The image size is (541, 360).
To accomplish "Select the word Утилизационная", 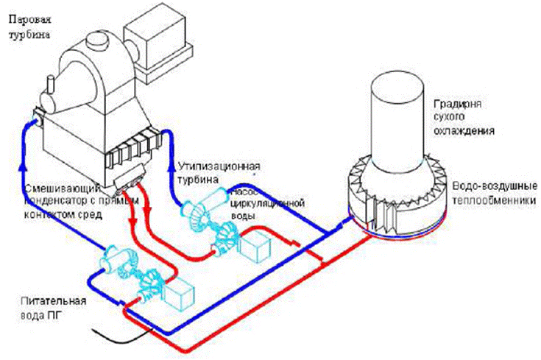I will pyautogui.click(x=219, y=166).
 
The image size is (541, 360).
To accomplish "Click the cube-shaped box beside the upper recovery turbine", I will pyautogui.click(x=258, y=250).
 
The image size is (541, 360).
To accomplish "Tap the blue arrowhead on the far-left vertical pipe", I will pyautogui.click(x=26, y=127).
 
